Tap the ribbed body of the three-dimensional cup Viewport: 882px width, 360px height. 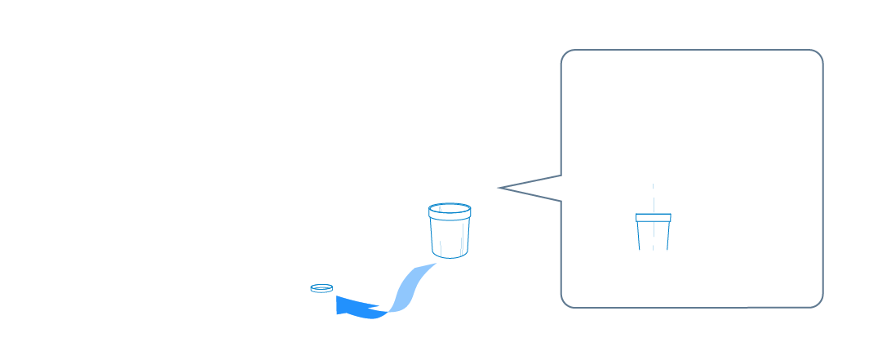450,237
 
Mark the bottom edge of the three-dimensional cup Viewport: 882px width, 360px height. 450,256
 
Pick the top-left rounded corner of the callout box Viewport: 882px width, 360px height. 565,55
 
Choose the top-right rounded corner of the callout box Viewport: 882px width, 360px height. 818,55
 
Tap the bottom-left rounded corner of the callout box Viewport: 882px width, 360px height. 565,303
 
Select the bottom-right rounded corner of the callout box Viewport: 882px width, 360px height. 818,303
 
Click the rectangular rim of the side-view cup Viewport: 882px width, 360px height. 653,218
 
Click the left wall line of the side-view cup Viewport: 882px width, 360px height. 639,236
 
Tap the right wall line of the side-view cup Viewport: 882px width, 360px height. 667,236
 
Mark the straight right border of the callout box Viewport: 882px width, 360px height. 822,180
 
